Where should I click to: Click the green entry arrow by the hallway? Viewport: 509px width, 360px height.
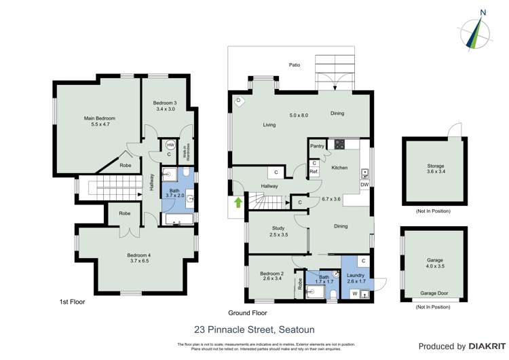click(x=238, y=202)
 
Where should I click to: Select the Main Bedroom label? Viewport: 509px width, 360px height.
click(x=97, y=122)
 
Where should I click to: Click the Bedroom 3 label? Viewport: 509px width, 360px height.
click(x=165, y=105)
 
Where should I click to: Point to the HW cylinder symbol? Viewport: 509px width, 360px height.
click(x=170, y=145)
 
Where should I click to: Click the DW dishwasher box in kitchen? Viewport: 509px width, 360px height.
click(x=364, y=185)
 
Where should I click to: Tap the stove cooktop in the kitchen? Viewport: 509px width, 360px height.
click(x=337, y=144)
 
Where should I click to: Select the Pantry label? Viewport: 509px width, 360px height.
click(x=317, y=146)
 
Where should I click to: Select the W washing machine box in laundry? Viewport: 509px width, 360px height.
click(x=354, y=293)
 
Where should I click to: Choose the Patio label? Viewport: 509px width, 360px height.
click(x=293, y=65)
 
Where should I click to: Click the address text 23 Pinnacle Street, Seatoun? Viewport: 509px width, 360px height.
click(x=254, y=329)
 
